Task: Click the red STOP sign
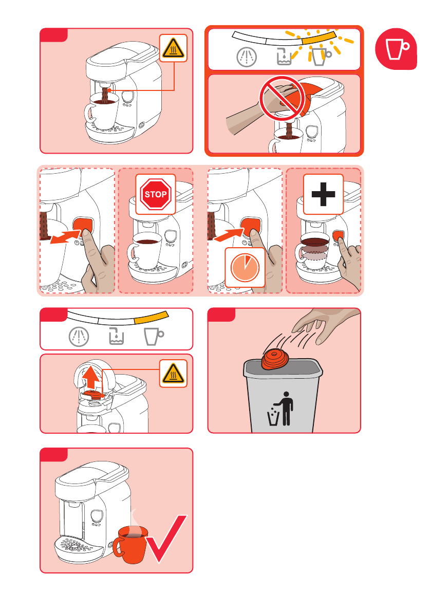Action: [x=156, y=194]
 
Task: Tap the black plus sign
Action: [x=323, y=194]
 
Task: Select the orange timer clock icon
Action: [x=245, y=268]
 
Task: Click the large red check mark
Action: [x=166, y=539]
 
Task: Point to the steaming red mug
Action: [x=130, y=544]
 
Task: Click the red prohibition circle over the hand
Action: [x=282, y=98]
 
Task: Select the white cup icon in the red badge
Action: [x=398, y=49]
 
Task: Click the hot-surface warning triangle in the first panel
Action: [x=173, y=48]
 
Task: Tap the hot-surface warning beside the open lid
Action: [x=173, y=374]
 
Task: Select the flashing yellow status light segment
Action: [x=320, y=38]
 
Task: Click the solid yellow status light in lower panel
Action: [x=152, y=318]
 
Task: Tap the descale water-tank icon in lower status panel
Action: [x=116, y=337]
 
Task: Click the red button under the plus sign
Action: [x=338, y=236]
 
